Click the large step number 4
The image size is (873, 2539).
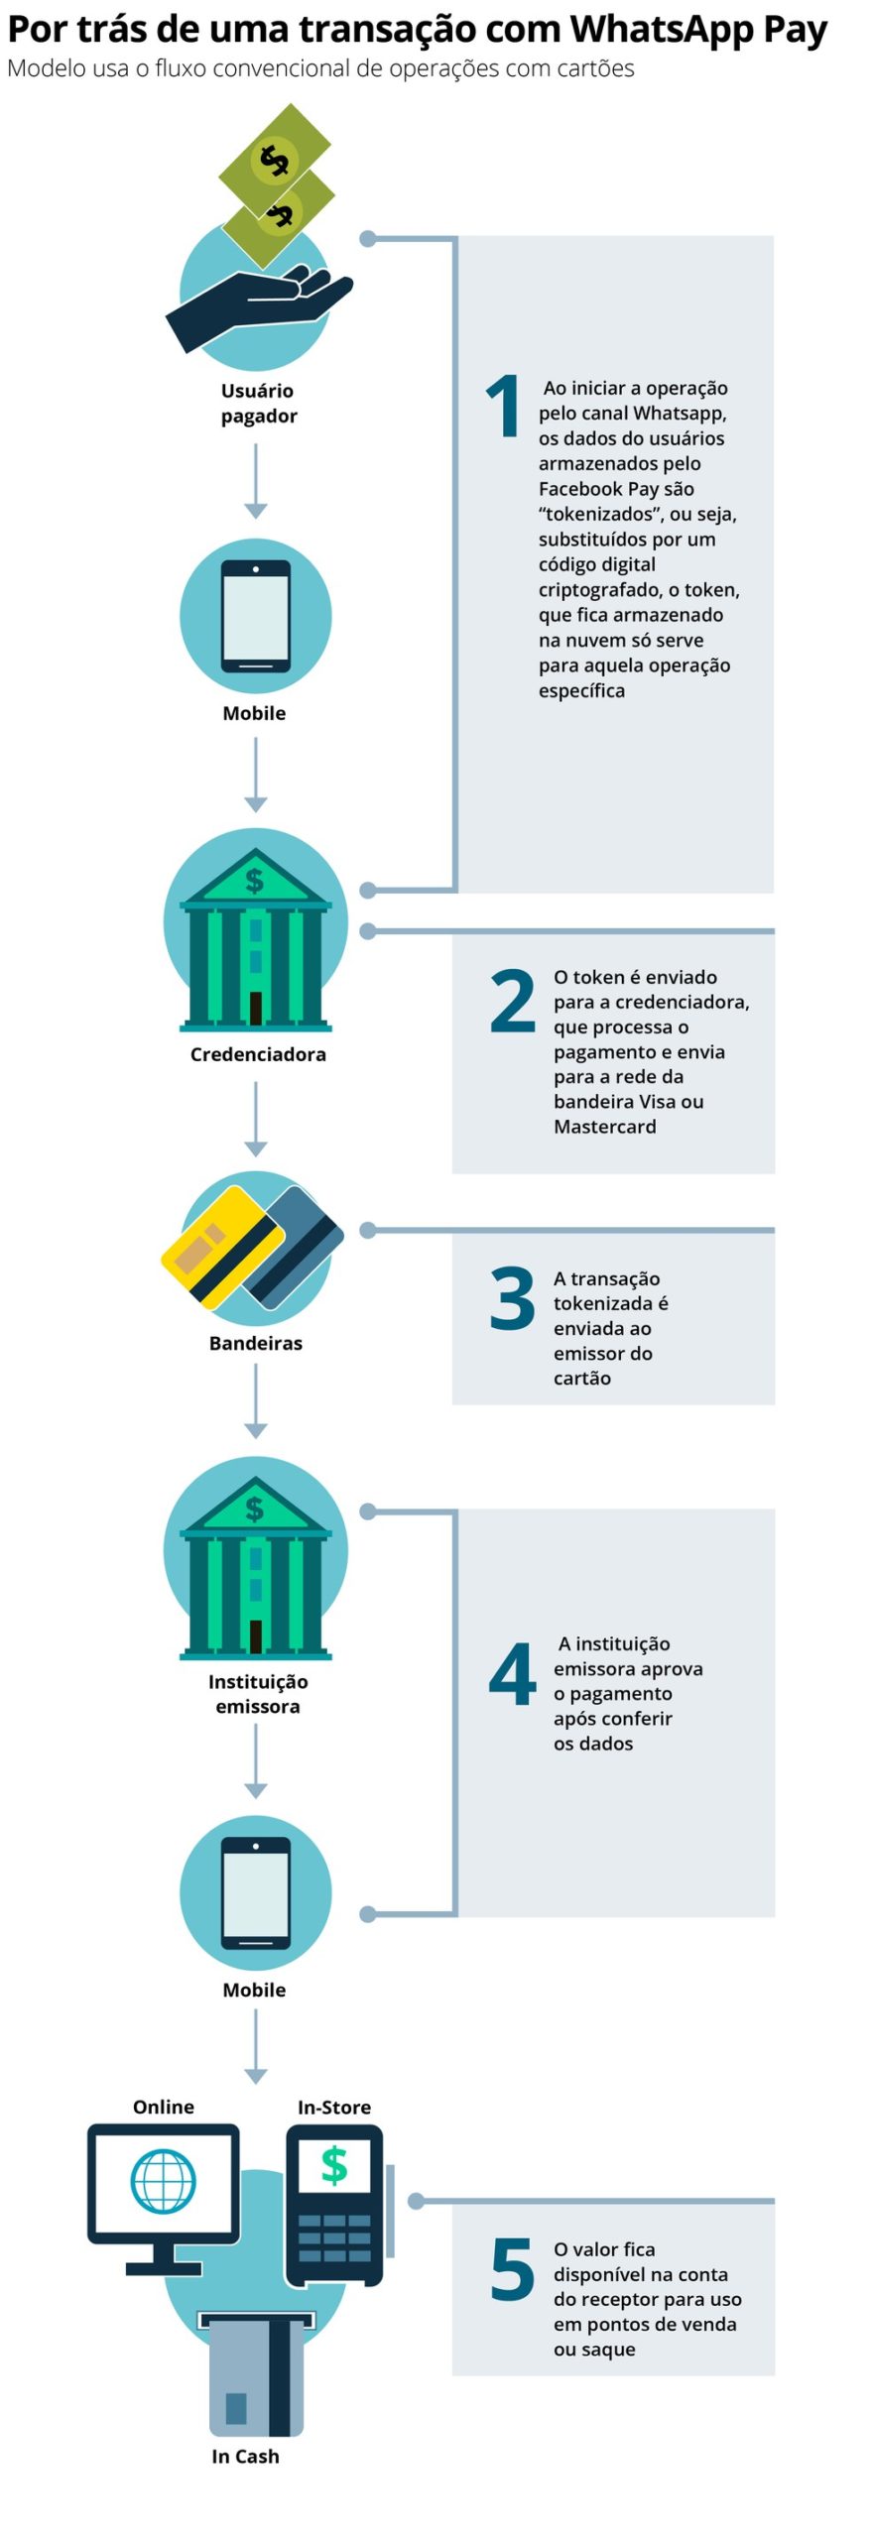coord(513,1674)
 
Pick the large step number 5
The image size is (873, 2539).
coord(513,2268)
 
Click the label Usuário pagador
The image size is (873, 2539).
coord(258,403)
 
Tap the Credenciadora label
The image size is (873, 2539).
coord(258,1054)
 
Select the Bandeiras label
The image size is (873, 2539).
coord(256,1343)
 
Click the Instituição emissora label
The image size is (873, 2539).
coord(258,1694)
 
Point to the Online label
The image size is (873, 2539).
coord(164,2107)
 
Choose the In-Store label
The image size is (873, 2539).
coord(334,2107)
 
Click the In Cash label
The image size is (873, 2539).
coord(245,2456)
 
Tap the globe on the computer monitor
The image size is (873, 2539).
coord(164,2181)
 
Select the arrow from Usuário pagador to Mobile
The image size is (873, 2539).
coord(256,481)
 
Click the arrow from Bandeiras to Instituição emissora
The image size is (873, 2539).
coord(256,1401)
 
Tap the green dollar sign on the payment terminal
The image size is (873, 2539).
coord(334,2165)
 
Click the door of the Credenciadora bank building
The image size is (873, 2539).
coord(256,1008)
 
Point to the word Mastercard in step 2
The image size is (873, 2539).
coord(605,1127)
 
